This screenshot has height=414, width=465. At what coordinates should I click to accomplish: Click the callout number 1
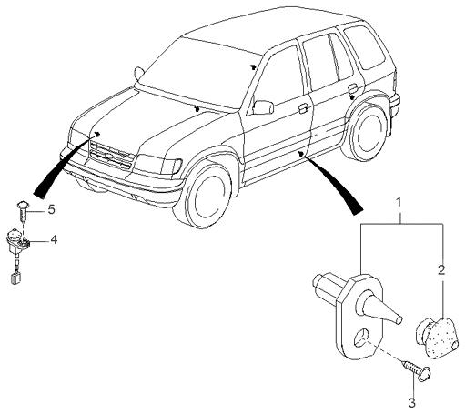click(399, 203)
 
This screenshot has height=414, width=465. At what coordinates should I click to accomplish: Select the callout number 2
click(441, 269)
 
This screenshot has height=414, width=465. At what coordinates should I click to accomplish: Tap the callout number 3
click(411, 403)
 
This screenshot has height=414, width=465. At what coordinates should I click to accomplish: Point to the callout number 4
click(54, 240)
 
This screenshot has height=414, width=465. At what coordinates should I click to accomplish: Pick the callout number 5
click(51, 209)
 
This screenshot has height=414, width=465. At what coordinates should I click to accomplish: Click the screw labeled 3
click(416, 368)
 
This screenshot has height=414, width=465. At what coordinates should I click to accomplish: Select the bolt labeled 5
click(23, 210)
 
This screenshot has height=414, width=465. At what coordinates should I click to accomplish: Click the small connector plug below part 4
click(15, 278)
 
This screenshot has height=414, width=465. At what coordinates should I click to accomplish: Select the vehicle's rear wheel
click(368, 133)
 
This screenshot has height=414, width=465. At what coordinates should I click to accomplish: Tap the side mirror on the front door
click(263, 107)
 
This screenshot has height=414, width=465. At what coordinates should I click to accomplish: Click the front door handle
click(304, 108)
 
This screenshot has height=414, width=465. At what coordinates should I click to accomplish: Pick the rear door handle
click(352, 88)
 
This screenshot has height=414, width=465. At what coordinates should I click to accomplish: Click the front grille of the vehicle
click(111, 156)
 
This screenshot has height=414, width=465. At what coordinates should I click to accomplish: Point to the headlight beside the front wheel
click(158, 164)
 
